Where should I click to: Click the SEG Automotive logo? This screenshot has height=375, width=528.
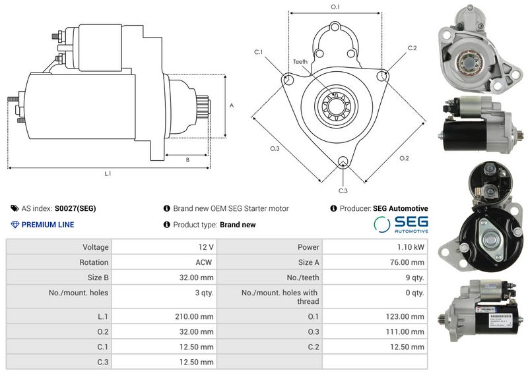pyautogui.click(x=401, y=224)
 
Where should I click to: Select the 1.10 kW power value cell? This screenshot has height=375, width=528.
pyautogui.click(x=411, y=247)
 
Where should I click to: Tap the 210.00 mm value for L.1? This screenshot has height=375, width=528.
pyautogui.click(x=194, y=316)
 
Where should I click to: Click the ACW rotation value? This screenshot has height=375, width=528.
pyautogui.click(x=204, y=262)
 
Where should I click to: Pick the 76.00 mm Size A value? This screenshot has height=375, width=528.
pyautogui.click(x=407, y=262)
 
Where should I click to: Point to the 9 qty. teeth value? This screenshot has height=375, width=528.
pyautogui.click(x=415, y=277)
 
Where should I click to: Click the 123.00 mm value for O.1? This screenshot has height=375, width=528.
pyautogui.click(x=405, y=316)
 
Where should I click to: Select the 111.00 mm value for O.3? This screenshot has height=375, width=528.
pyautogui.click(x=405, y=332)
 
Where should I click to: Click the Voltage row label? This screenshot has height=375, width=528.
pyautogui.click(x=96, y=247)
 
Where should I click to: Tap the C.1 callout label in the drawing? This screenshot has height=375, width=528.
pyautogui.click(x=258, y=52)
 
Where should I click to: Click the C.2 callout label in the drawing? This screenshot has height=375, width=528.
pyautogui.click(x=412, y=48)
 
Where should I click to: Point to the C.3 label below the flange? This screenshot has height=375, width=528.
pyautogui.click(x=343, y=190)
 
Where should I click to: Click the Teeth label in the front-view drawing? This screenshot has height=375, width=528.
pyautogui.click(x=300, y=61)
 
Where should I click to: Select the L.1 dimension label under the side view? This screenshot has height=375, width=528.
pyautogui.click(x=108, y=173)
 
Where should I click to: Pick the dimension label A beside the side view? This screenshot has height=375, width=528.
pyautogui.click(x=232, y=105)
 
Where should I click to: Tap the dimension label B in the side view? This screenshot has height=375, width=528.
pyautogui.click(x=187, y=160)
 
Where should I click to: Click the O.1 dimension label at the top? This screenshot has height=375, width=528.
pyautogui.click(x=335, y=7)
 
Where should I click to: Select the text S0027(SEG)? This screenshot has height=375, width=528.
pyautogui.click(x=75, y=208)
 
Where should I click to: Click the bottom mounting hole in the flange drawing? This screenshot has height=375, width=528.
pyautogui.click(x=343, y=161)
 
